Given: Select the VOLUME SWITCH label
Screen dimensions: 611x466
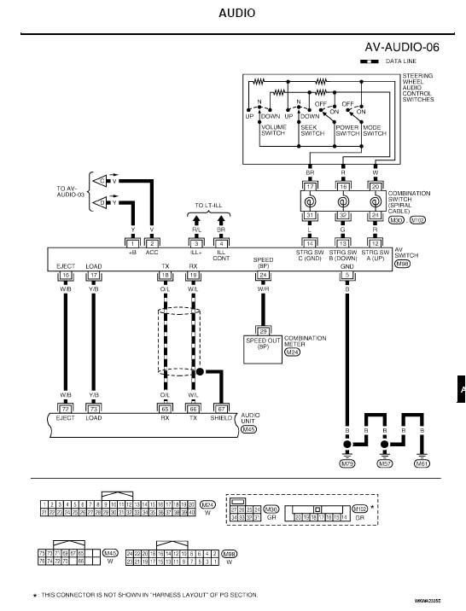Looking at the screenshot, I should click(x=274, y=130).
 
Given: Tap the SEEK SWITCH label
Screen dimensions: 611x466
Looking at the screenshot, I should click(x=312, y=130).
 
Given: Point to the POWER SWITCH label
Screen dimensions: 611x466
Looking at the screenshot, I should click(x=347, y=130).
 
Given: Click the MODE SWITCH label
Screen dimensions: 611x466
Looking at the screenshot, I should click(x=375, y=130).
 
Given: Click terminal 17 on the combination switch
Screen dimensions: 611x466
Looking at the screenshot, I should click(x=312, y=185).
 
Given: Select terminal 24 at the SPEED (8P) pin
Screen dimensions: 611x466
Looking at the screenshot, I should click(x=263, y=276).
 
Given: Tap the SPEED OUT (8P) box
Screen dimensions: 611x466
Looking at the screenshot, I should click(x=263, y=343).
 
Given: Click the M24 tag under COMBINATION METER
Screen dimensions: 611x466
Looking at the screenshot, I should click(x=293, y=352).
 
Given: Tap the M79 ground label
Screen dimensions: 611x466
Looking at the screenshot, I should click(x=347, y=463).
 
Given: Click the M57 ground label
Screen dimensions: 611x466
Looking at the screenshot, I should click(x=385, y=463).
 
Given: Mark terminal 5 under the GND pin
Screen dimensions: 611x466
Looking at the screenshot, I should click(x=347, y=276).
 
